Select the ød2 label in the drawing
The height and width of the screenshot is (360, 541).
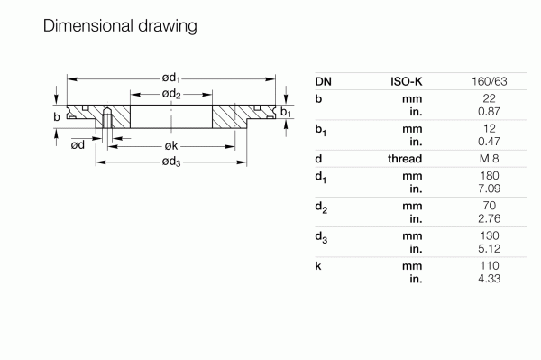coord(171,95)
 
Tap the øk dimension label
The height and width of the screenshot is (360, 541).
coord(171,145)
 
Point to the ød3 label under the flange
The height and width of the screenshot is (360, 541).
coord(171,162)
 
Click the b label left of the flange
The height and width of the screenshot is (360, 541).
coord(57,116)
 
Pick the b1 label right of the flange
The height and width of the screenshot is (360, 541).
coord(285,112)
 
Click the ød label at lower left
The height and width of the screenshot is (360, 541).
coord(78,144)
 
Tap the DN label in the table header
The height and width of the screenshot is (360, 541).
coord(324,81)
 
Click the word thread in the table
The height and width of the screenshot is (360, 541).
coord(405,158)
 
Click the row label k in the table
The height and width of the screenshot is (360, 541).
coord(319,266)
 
